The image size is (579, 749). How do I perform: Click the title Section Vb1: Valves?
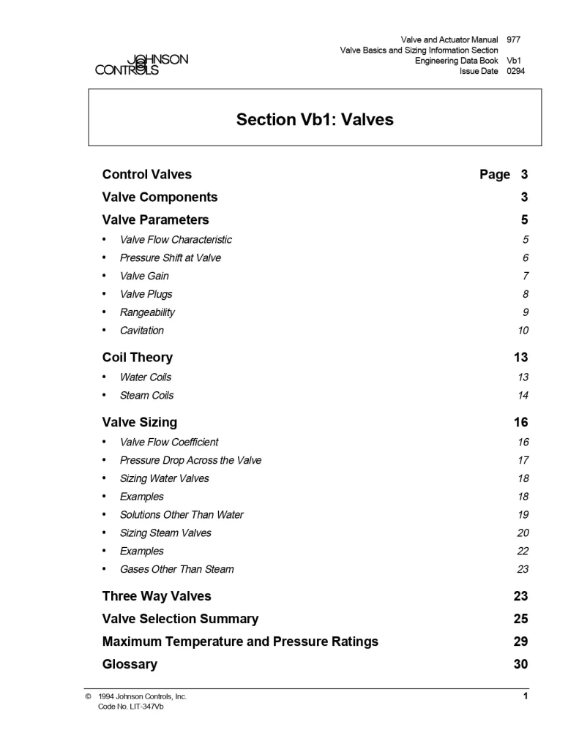point(315,119)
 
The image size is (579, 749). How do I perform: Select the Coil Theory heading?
point(138,358)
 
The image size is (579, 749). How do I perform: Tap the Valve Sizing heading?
point(139,422)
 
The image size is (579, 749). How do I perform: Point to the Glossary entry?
point(130,665)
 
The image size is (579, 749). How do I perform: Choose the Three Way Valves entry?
point(157,596)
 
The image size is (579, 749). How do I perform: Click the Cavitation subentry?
point(142,331)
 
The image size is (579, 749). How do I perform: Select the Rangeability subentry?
point(147,312)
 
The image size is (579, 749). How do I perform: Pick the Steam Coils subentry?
point(146,396)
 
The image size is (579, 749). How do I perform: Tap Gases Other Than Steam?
point(176,569)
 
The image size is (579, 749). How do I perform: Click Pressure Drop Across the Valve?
point(190,460)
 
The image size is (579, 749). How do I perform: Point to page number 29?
point(520,641)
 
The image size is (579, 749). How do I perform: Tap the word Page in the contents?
point(495,175)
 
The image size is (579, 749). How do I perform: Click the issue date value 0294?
point(515,71)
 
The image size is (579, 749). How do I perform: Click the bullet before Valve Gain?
point(105,276)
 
